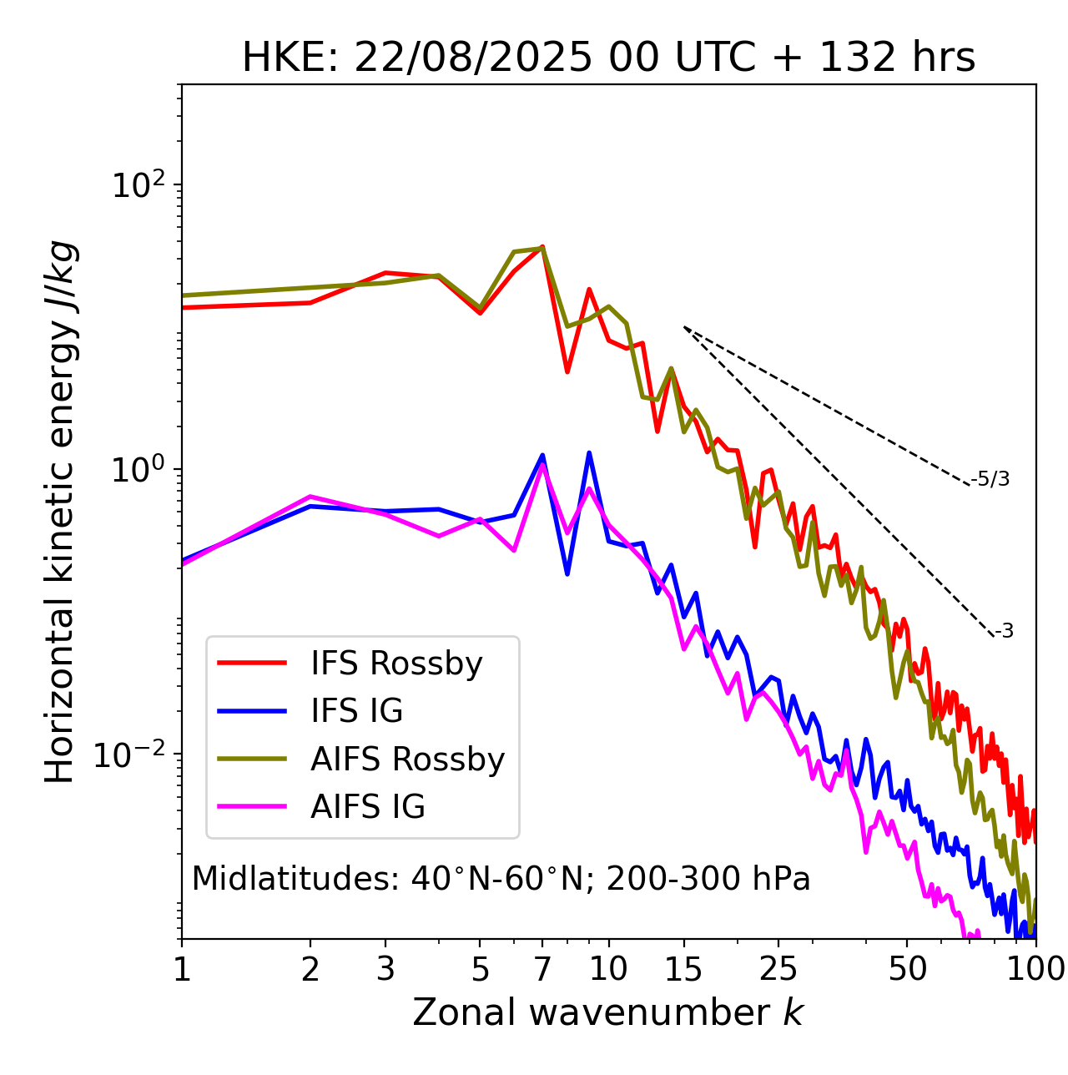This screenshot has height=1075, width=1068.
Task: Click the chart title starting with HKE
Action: click(x=608, y=58)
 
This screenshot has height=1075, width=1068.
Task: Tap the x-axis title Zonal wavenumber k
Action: click(x=608, y=1012)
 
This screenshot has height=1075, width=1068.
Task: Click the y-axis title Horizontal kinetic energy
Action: click(x=60, y=512)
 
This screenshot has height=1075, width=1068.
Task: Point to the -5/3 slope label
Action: click(x=990, y=479)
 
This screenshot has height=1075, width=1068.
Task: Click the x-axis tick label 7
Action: click(x=542, y=968)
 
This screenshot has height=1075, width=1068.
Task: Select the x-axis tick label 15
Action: click(x=684, y=968)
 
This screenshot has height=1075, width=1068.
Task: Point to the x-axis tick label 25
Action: click(x=778, y=968)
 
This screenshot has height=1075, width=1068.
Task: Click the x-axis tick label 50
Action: click(x=907, y=968)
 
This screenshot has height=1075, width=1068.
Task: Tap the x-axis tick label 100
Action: click(x=1035, y=968)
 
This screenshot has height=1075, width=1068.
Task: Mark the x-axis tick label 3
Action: click(x=385, y=968)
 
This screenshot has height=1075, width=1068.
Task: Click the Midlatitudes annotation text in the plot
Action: click(x=501, y=879)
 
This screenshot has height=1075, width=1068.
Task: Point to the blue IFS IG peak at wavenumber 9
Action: click(x=589, y=453)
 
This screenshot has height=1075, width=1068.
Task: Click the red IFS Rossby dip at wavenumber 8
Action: click(x=567, y=371)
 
